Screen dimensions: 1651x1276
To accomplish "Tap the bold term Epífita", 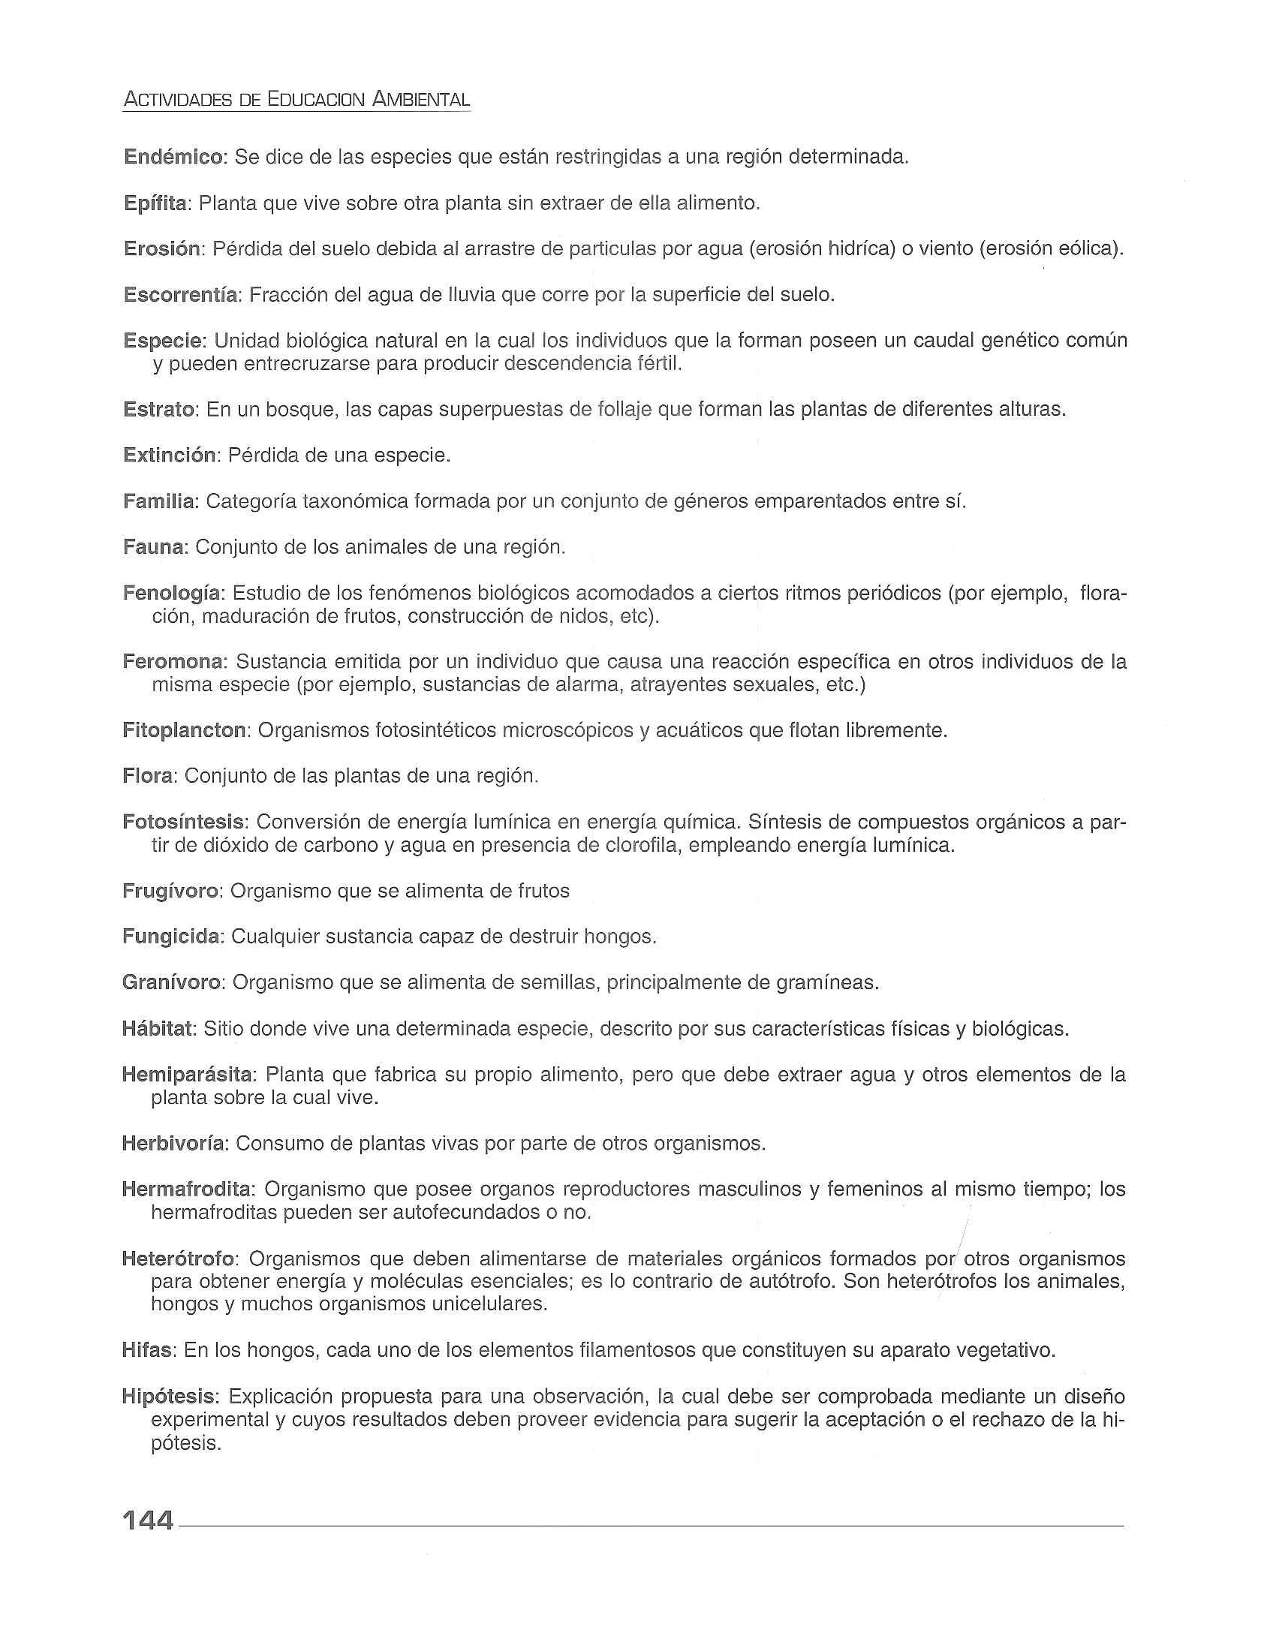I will [155, 203].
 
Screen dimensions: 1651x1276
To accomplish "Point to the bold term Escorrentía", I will [181, 295].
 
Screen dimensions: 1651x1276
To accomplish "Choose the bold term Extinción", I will [170, 456].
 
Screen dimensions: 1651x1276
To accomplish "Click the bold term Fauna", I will [154, 547].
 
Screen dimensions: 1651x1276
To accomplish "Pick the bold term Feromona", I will [173, 662].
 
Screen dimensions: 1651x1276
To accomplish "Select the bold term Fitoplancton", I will [185, 731].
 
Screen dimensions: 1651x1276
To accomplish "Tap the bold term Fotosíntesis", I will [184, 822].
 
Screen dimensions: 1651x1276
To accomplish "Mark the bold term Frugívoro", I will [170, 892].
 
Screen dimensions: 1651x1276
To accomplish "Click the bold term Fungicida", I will [171, 937].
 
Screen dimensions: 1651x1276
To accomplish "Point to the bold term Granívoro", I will [172, 983].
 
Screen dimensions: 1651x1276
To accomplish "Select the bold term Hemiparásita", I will [189, 1075].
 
